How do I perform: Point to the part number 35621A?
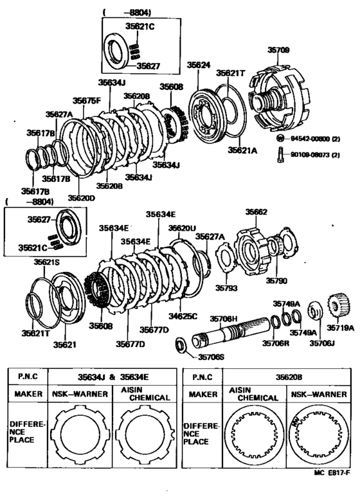coord(242,150)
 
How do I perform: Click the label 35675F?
coord(86,100)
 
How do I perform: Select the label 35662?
coord(256,211)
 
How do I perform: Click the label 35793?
coord(226,287)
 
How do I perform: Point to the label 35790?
coord(278,281)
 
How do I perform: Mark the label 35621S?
coord(46,262)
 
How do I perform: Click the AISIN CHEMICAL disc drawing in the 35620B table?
coord(252,436)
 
